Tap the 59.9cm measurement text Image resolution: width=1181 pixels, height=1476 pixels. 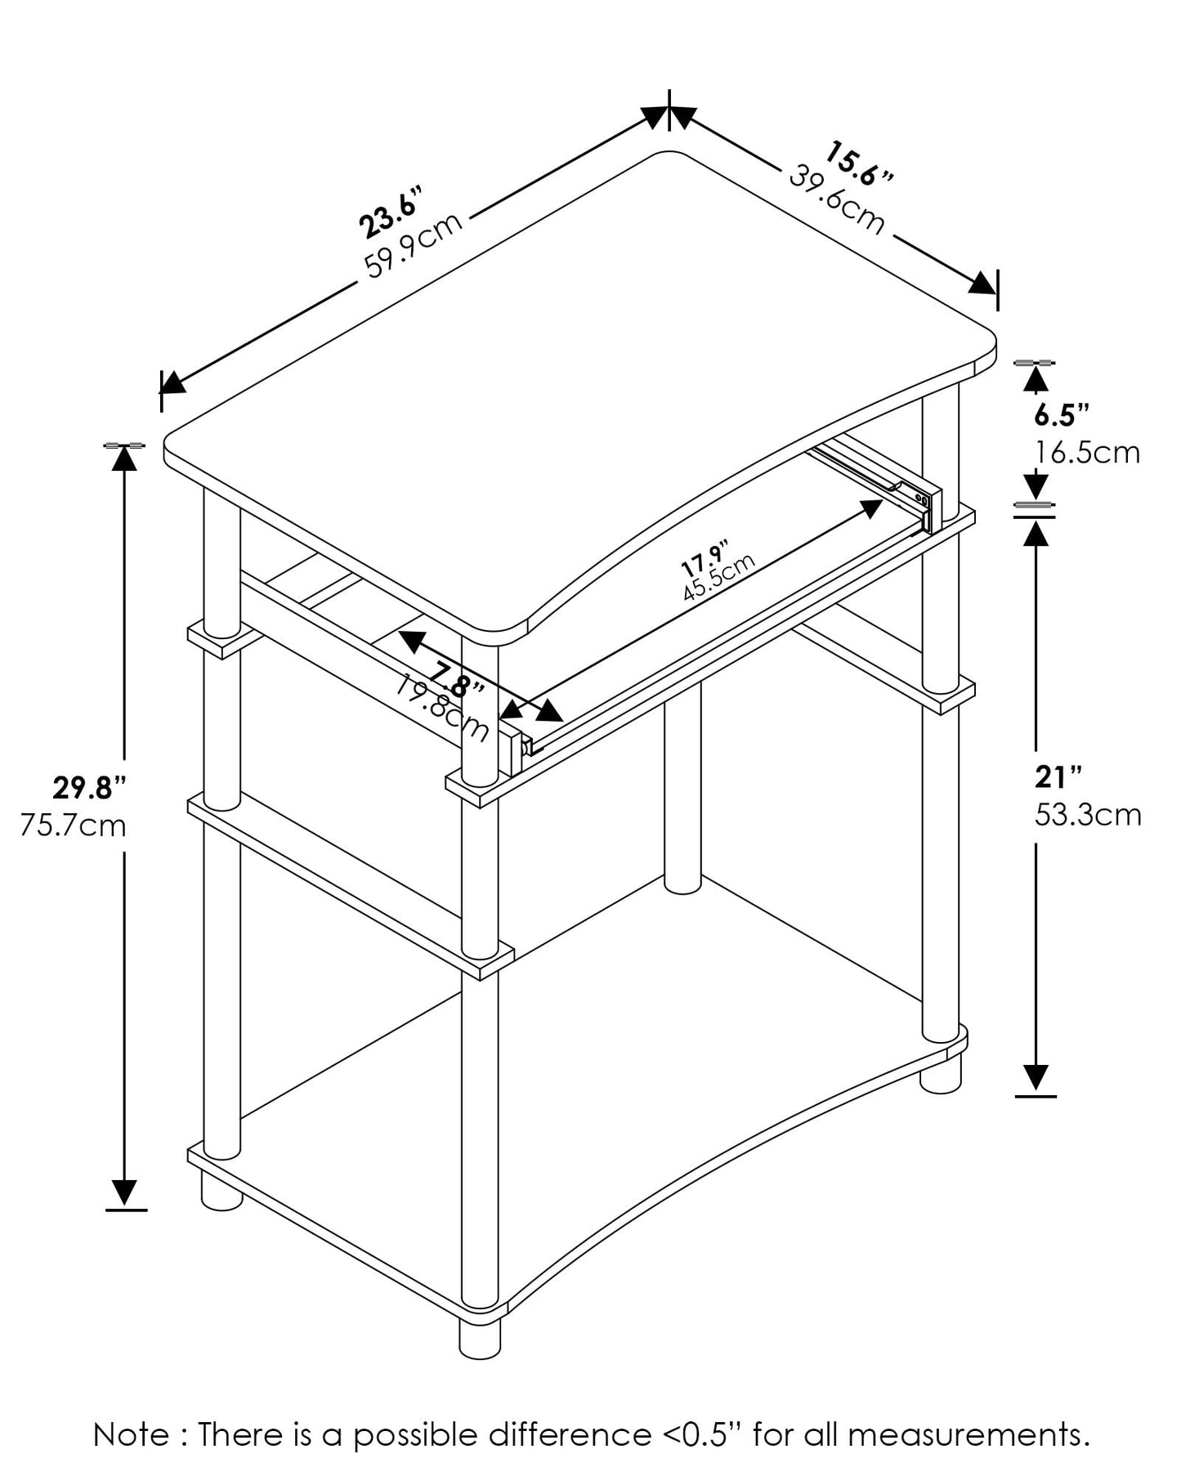[x=414, y=244]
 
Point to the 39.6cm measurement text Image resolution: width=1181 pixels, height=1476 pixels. [x=836, y=199]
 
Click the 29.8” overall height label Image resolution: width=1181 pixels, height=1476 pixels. [x=90, y=788]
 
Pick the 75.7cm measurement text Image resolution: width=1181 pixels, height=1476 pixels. [x=74, y=825]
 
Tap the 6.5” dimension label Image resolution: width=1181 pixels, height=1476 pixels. [x=1062, y=414]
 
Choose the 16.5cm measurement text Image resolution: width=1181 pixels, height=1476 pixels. [x=1087, y=452]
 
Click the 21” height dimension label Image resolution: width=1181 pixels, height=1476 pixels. [x=1058, y=777]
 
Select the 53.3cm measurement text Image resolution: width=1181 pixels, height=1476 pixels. [x=1088, y=815]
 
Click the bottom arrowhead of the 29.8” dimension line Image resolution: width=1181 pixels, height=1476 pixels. [x=124, y=1194]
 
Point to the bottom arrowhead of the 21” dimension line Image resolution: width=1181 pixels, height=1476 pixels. [x=1036, y=1080]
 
